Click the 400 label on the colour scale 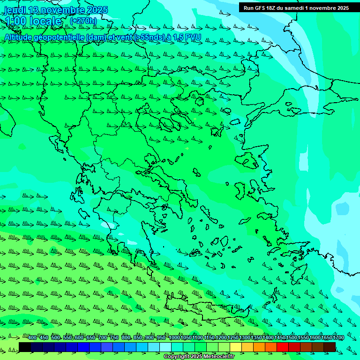32,337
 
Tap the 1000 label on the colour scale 174,337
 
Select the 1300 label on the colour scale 245,337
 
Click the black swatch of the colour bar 25,347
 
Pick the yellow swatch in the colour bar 236,347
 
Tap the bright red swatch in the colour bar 283,347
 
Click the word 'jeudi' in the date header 15,10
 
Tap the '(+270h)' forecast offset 83,21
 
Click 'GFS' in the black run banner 259,8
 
